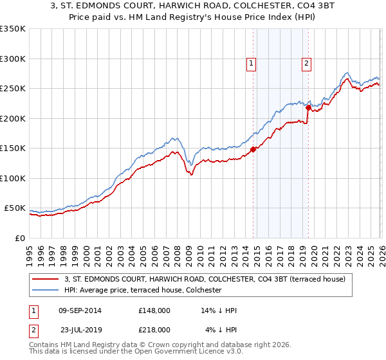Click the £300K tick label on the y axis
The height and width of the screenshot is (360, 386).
click(13, 59)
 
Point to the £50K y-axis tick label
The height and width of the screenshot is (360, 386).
click(15, 209)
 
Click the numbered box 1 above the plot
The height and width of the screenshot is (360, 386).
click(250, 63)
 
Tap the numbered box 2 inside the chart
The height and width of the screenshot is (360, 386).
click(307, 63)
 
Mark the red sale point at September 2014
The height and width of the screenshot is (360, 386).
click(253, 149)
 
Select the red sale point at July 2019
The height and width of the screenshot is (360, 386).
click(308, 107)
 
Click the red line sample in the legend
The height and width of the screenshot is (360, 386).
click(46, 279)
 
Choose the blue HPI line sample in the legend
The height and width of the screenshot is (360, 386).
click(46, 291)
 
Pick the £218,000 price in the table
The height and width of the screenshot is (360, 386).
click(154, 330)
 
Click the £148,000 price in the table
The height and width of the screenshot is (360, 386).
click(154, 310)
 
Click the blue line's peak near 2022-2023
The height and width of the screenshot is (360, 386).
click(347, 73)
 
